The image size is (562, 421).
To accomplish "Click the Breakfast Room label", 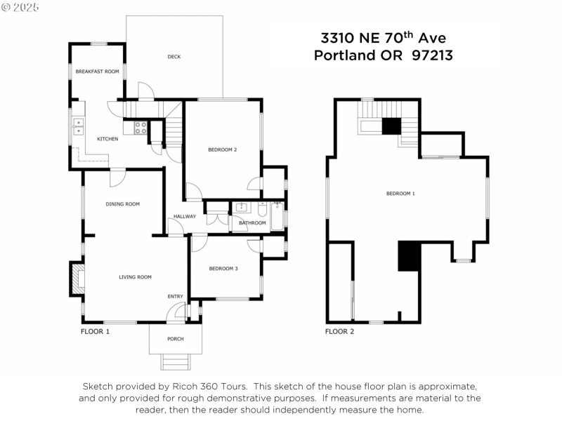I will click(98, 71).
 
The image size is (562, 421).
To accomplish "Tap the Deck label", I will click(174, 57).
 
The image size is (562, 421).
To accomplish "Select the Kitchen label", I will click(107, 139).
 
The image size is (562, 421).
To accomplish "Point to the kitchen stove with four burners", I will click(140, 128).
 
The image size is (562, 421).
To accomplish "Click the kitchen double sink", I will click(79, 126).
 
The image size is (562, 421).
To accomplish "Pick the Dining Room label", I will click(123, 204).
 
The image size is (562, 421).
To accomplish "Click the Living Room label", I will click(135, 277).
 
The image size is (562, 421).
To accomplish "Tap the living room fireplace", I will click(76, 279).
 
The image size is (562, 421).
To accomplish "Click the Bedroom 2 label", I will click(223, 149).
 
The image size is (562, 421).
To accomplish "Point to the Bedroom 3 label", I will click(223, 269).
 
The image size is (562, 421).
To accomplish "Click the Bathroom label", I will click(253, 223).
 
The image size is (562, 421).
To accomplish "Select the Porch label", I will click(175, 339).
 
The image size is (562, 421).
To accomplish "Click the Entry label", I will click(175, 297).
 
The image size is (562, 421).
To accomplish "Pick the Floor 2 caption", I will click(339, 331).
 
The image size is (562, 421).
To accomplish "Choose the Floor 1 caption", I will click(96, 331).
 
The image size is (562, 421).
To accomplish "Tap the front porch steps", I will click(175, 361).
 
